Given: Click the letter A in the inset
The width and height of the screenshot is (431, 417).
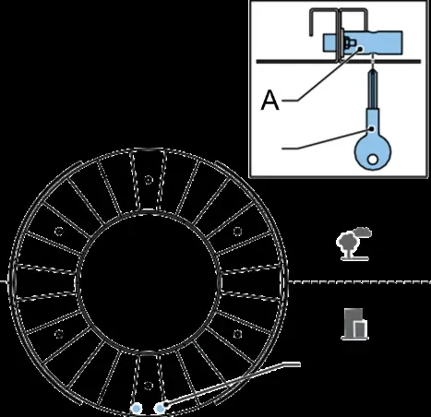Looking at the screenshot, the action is point(269,100).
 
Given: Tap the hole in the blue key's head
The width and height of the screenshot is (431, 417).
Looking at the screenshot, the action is point(373,160).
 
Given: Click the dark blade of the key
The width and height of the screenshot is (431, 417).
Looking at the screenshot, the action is point(373,89).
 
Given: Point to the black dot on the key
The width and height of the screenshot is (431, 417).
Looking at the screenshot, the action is point(372,129).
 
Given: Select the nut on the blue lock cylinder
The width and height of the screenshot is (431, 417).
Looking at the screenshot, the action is point(349,43).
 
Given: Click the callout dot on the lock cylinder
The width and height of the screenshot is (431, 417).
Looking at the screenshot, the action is point(360,49).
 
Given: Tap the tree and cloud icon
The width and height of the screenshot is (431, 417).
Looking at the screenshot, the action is point(353,244).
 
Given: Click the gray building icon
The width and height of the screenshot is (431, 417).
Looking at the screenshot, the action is point(354,324).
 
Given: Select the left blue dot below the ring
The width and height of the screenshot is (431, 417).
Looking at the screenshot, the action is point(136,409).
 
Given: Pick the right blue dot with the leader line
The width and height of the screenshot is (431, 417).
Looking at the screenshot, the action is point(160,409).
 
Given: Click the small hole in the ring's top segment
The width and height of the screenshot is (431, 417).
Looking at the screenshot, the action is point(149,180).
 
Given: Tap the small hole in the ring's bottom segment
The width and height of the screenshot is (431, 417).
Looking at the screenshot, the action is point(149,385).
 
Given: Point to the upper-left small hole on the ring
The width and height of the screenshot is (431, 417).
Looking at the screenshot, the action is point(59,232).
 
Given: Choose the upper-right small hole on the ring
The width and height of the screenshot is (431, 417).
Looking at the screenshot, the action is point(237,232).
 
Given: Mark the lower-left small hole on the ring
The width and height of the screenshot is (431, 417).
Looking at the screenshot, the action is point(59,334).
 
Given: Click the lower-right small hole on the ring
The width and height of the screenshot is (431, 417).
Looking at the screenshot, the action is point(237,334).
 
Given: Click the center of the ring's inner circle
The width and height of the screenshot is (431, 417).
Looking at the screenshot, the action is point(149,282).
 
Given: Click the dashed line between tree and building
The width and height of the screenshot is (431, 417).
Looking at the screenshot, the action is point(360,282).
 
